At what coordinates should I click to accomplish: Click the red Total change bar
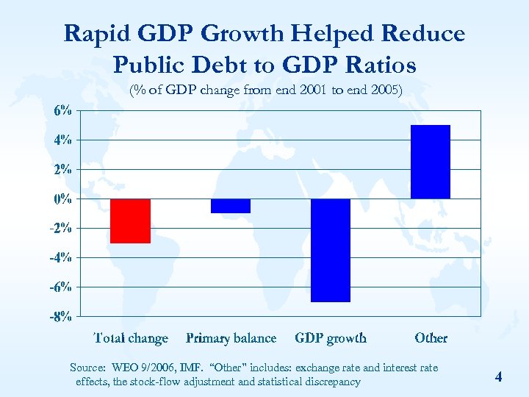[x=131, y=221]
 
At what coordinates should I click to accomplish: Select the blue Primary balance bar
[x=231, y=206]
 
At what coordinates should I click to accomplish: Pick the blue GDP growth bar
[x=331, y=250]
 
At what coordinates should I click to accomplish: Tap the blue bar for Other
[x=431, y=162]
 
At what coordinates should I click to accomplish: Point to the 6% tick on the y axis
[x=62, y=110]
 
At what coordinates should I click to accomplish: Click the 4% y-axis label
[x=62, y=140]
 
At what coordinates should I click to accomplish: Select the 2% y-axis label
[x=62, y=169]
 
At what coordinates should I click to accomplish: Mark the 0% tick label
[x=62, y=198]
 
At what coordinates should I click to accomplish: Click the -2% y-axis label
[x=61, y=228]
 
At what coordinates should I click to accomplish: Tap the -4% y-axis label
[x=61, y=257]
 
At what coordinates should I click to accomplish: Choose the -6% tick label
[x=61, y=287]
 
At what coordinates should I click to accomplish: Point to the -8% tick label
[x=61, y=317]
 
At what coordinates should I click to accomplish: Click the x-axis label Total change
[x=131, y=338]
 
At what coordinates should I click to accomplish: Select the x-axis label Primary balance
[x=231, y=338]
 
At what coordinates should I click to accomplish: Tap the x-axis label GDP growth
[x=331, y=338]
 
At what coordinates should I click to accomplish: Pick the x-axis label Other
[x=431, y=338]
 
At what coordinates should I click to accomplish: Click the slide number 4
[x=498, y=377]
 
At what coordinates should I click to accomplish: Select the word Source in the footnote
[x=87, y=367]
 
